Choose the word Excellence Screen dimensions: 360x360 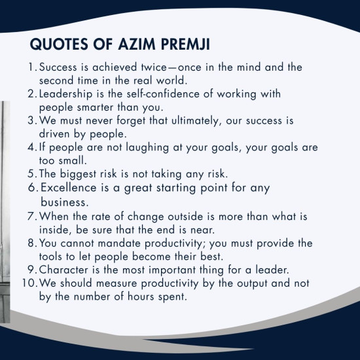(x=69, y=189)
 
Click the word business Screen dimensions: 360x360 (x=64, y=202)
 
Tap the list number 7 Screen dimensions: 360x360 (x=33, y=215)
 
